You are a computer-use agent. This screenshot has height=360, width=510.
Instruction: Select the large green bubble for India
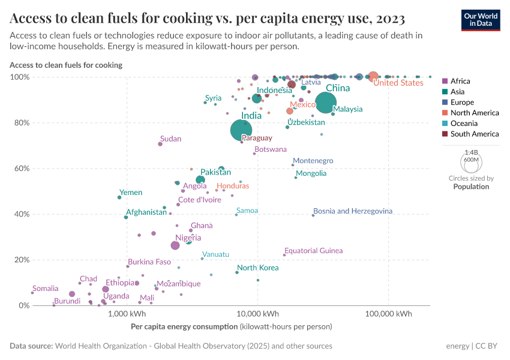click(241, 130)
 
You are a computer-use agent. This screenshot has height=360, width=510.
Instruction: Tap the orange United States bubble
click(373, 76)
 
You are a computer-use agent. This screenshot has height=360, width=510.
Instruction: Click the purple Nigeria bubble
click(175, 245)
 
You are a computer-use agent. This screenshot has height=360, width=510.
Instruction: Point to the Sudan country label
click(170, 139)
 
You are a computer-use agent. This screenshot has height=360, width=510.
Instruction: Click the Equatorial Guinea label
click(313, 251)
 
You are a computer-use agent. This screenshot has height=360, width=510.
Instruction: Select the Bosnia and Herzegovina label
click(353, 211)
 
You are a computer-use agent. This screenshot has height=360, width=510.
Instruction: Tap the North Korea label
click(257, 268)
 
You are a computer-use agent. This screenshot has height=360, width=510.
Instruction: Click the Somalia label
click(46, 289)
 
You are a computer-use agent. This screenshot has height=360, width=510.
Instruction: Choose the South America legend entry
click(474, 134)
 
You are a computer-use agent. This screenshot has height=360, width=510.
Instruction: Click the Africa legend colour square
click(445, 81)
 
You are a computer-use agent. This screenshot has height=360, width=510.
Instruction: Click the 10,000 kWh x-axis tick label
click(257, 314)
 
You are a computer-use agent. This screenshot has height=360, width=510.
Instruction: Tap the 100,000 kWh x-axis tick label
click(388, 314)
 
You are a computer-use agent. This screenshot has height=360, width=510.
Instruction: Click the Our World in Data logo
click(481, 19)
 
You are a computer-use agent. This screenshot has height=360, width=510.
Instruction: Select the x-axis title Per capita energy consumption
click(184, 327)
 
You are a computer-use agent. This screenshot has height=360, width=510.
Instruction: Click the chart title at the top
click(207, 19)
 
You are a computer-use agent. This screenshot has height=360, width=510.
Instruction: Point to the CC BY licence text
click(488, 346)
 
